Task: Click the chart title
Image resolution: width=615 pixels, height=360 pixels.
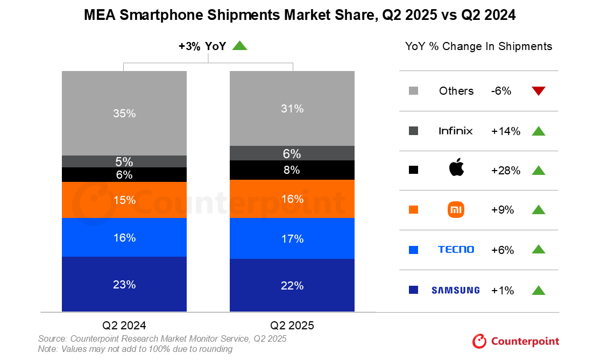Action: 300,16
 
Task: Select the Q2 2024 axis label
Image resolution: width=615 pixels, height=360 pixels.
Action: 124,325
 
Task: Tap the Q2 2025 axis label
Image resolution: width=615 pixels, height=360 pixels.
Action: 292,325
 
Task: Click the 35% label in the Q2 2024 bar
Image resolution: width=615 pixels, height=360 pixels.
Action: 124,114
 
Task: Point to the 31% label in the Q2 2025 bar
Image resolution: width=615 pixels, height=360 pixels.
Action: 292,109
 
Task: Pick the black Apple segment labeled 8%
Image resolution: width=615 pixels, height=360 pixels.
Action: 292,170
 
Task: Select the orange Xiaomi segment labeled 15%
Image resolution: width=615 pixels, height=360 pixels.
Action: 124,200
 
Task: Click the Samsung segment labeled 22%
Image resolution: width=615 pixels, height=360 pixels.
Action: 292,285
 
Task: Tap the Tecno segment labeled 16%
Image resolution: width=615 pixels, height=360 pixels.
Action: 124,237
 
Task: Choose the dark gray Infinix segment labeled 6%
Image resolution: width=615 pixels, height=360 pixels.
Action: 292,153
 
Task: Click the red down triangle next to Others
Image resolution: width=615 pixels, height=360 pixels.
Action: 538,91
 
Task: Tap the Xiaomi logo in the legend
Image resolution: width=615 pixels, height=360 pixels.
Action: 456,210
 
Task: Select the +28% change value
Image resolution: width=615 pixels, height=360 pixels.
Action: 505,171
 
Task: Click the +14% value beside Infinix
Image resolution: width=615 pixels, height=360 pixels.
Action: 505,131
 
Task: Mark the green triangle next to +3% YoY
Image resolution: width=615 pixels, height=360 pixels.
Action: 239,46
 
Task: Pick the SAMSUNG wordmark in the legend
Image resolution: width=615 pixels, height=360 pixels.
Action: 455,290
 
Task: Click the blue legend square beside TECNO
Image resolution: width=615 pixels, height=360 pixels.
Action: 414,250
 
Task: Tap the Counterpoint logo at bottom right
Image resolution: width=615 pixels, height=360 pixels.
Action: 515,341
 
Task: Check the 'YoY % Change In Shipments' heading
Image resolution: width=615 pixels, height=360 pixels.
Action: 478,46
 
